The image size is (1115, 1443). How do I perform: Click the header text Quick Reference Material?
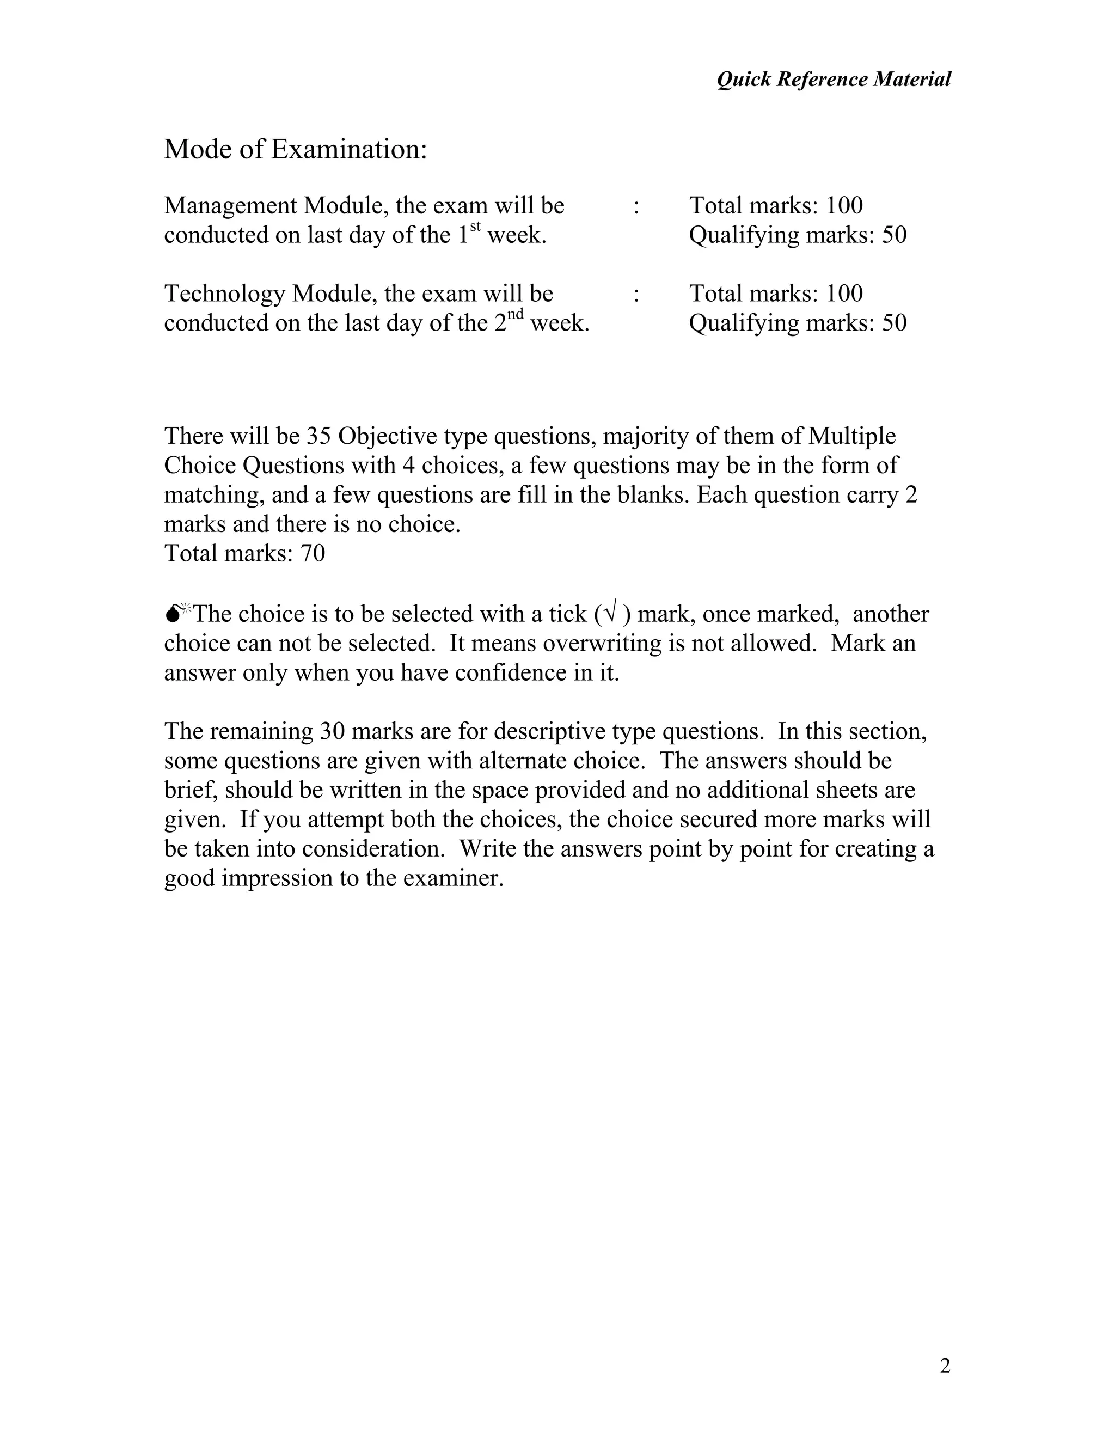click(x=834, y=80)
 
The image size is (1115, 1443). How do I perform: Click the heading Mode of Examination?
click(x=295, y=149)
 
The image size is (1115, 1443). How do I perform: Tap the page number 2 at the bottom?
click(x=945, y=1366)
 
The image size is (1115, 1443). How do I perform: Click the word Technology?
click(x=225, y=294)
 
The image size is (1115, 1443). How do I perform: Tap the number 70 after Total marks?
click(x=313, y=553)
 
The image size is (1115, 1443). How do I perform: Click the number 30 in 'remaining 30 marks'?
click(x=333, y=731)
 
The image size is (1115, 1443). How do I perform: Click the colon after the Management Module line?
click(x=636, y=207)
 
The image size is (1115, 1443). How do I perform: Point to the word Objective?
click(x=388, y=436)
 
